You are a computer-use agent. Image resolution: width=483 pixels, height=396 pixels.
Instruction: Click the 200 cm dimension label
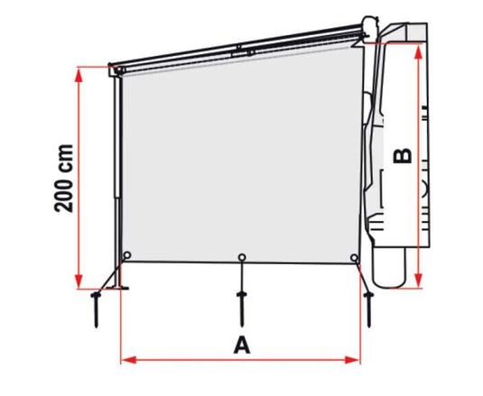(x=64, y=178)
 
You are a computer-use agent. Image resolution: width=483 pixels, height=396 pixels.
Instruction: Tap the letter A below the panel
(x=242, y=345)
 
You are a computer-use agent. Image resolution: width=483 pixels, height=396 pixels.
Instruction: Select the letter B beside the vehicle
(x=403, y=156)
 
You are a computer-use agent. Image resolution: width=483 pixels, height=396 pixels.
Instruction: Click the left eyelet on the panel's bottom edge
(x=127, y=255)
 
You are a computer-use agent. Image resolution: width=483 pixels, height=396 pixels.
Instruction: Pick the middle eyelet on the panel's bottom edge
(x=242, y=257)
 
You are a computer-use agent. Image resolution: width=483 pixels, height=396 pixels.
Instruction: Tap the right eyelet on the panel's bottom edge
(x=355, y=257)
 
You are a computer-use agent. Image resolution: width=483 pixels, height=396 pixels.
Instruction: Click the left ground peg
(x=97, y=309)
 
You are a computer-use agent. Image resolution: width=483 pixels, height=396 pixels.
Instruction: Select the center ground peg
(x=242, y=308)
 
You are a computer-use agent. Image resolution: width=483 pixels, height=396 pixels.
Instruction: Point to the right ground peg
(x=368, y=309)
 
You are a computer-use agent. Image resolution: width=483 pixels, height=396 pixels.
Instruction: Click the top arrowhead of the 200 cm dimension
(x=79, y=75)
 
